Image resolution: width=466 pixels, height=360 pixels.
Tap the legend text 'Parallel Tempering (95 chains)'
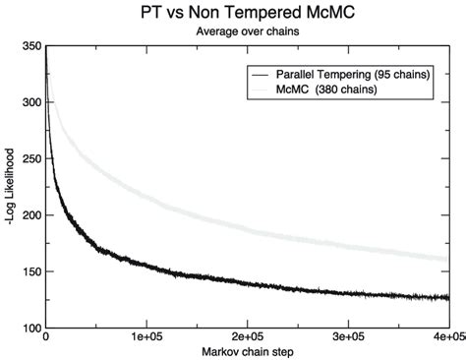[x=352, y=74]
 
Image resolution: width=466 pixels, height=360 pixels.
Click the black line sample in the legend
[x=260, y=74]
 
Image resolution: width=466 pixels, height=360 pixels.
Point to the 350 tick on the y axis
[x=30, y=46]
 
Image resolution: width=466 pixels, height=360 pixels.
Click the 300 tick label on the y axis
[x=30, y=102]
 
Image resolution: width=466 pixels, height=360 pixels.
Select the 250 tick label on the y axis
[x=30, y=158]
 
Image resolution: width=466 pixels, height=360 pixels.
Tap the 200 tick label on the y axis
[x=30, y=214]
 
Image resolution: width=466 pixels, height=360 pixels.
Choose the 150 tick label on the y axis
[x=30, y=270]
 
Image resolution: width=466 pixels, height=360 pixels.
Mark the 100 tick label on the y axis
[x=30, y=327]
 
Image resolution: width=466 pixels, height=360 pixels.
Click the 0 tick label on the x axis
[x=46, y=337]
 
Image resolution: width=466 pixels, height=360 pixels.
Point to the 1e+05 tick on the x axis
[x=146, y=337]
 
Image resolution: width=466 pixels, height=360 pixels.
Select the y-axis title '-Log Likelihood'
[x=9, y=187]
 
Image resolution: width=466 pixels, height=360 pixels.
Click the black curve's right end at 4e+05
[x=447, y=297]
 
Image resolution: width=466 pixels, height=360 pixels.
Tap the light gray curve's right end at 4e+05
[x=447, y=259]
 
